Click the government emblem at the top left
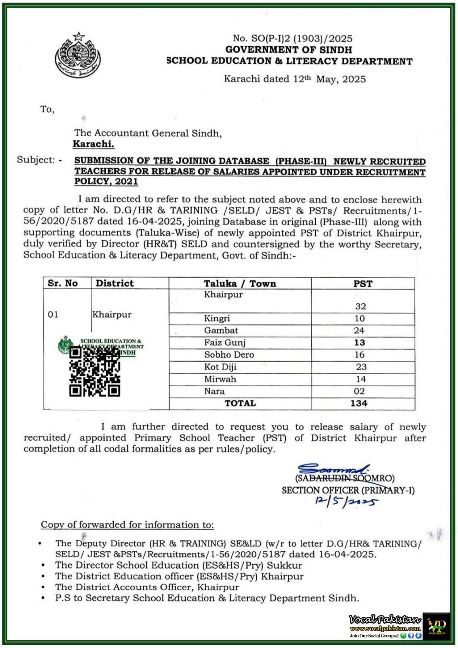tap(77, 55)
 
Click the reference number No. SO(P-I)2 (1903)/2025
tap(292, 38)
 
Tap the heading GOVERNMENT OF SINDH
tap(289, 50)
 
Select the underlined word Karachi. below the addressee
tap(93, 144)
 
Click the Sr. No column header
tap(63, 283)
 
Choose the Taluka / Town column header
tap(240, 283)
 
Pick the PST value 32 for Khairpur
tap(360, 306)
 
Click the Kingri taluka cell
tap(217, 318)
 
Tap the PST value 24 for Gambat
tap(359, 330)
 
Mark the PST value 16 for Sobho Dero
tap(360, 355)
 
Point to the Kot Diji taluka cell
tap(220, 367)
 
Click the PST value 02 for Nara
tap(359, 391)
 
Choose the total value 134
tap(359, 403)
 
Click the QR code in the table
tap(95, 372)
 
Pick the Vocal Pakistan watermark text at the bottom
tap(385, 620)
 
